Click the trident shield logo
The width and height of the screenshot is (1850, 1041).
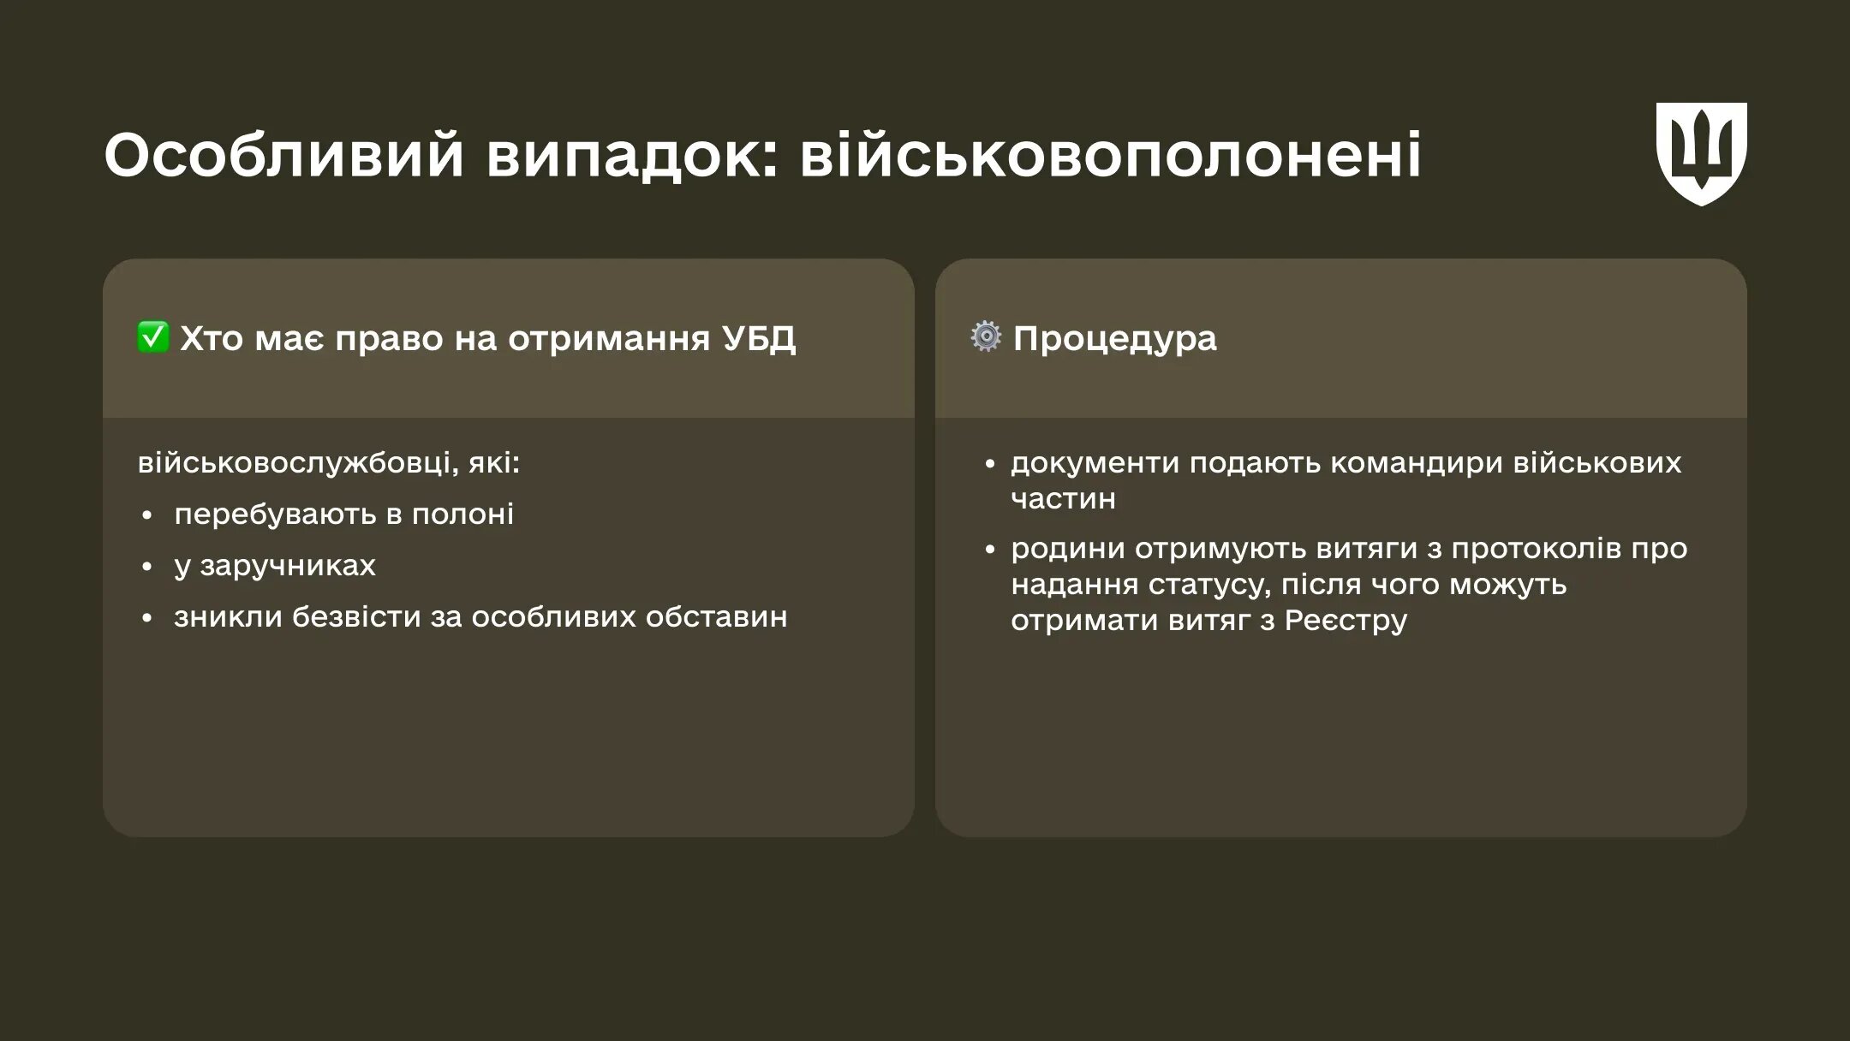pyautogui.click(x=1701, y=153)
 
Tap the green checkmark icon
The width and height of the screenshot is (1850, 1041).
pyautogui.click(x=153, y=337)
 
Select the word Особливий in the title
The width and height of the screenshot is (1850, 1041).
pyautogui.click(x=283, y=155)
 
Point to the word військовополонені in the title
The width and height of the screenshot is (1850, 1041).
pyautogui.click(x=1110, y=155)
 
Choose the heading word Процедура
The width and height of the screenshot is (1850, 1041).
pyautogui.click(x=1114, y=338)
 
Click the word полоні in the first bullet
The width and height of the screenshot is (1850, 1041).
pyautogui.click(x=462, y=514)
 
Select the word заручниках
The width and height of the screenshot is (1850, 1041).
pyautogui.click(x=287, y=566)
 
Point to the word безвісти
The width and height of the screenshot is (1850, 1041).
pyautogui.click(x=357, y=616)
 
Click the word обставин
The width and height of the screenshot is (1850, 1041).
pyautogui.click(x=716, y=616)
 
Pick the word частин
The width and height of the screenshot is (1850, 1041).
pyautogui.click(x=1063, y=498)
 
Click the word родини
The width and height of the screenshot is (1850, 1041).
pyautogui.click(x=1068, y=548)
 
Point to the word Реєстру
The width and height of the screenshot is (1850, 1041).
pyautogui.click(x=1346, y=620)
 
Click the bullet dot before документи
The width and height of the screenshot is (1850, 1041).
pyautogui.click(x=990, y=464)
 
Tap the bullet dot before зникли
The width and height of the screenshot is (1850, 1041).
pyautogui.click(x=146, y=618)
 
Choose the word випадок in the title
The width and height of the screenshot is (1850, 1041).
pyautogui.click(x=633, y=155)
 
